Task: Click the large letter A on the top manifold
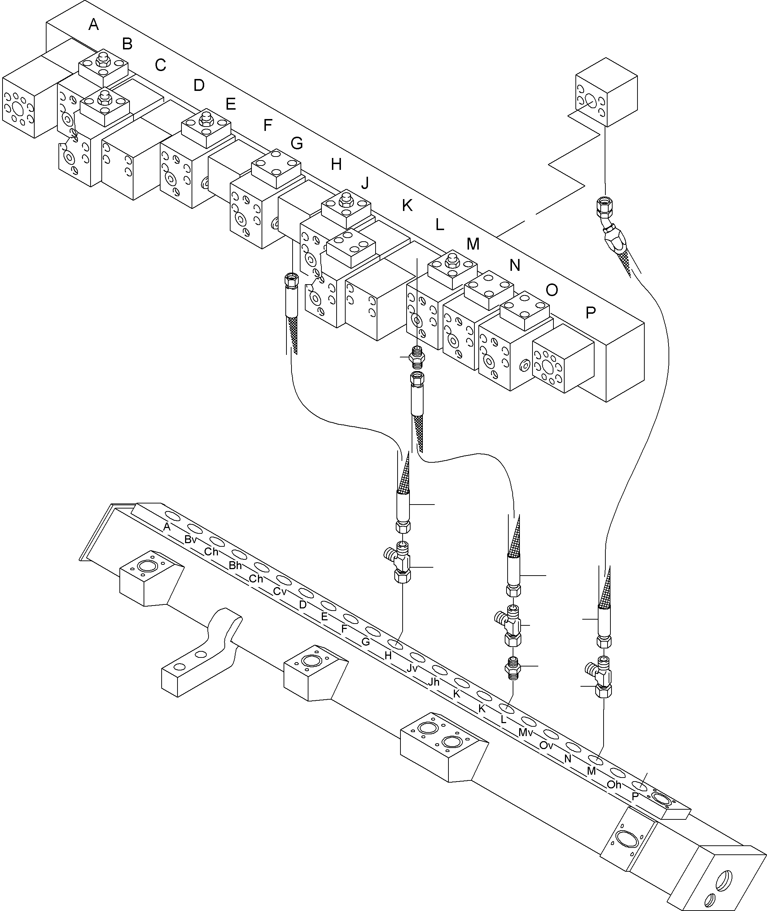pos(93,25)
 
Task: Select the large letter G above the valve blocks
pos(297,143)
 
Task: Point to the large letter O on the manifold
pos(551,290)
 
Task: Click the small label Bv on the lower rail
pos(190,540)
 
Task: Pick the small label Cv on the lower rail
pos(280,591)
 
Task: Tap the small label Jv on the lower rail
pos(412,669)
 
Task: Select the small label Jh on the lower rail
pos(434,682)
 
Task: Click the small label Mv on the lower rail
pos(525,733)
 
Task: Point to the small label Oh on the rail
pos(614,784)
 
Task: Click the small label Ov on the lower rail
pos(546,745)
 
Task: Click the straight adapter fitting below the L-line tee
pos(513,665)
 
